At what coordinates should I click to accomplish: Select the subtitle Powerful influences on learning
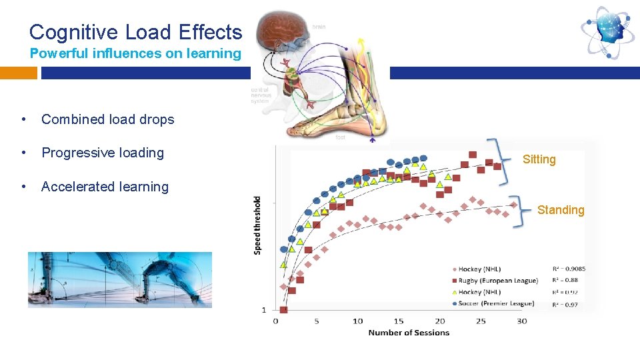[135, 54]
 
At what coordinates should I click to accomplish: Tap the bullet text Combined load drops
[107, 120]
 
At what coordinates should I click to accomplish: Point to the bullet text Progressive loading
[103, 153]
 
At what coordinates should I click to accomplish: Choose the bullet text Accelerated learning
[105, 187]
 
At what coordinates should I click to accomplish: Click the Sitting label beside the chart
[539, 159]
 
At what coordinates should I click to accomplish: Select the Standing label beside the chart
[560, 210]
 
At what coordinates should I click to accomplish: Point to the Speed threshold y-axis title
[258, 224]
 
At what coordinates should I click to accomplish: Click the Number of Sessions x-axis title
[409, 333]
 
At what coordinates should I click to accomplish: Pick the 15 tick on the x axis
[399, 321]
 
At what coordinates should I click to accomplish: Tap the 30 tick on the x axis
[521, 321]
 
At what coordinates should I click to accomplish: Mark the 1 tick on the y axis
[264, 310]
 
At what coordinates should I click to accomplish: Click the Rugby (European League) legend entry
[499, 281]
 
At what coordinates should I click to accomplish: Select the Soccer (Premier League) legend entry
[497, 303]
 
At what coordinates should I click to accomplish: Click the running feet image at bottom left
[120, 279]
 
